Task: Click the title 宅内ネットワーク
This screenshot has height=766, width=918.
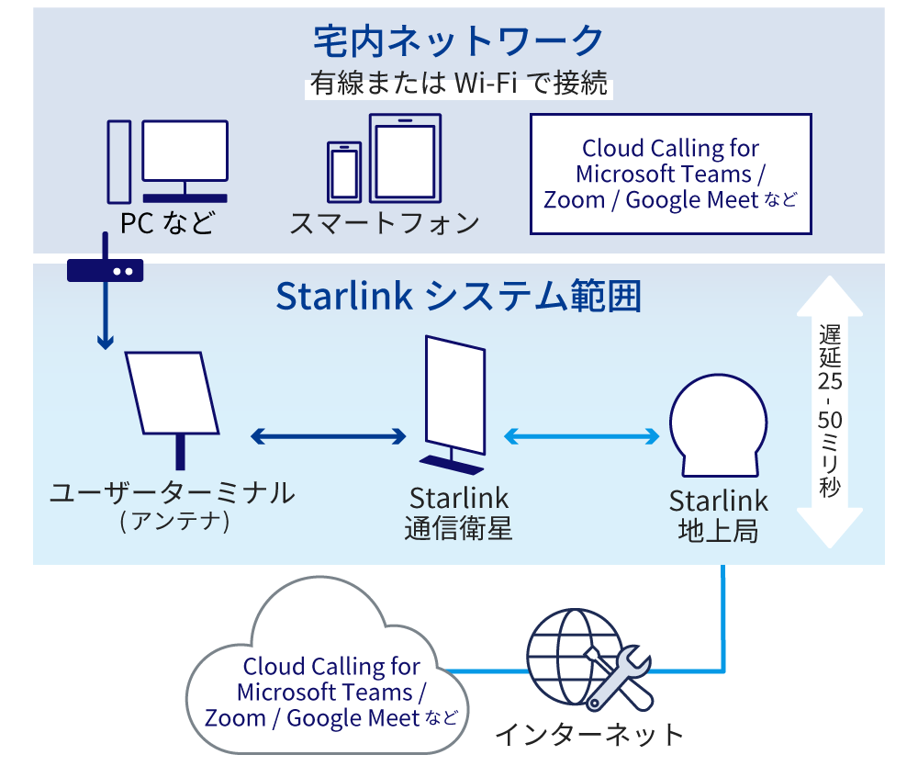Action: tap(458, 40)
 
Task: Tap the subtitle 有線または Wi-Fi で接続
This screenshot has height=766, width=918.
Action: tap(458, 85)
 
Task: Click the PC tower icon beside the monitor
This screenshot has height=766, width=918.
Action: tap(118, 162)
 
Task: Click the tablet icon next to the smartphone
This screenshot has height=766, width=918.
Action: tap(405, 158)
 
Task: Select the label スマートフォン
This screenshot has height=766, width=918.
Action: tap(385, 222)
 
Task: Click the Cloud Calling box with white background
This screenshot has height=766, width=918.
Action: tap(671, 174)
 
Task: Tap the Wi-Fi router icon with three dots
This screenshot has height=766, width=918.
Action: tap(105, 269)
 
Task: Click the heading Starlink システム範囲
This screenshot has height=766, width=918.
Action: tap(458, 297)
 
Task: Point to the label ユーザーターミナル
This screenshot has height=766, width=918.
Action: tap(173, 493)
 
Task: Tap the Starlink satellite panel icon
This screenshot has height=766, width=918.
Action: tap(453, 400)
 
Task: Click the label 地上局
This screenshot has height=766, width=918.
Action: tap(718, 531)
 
